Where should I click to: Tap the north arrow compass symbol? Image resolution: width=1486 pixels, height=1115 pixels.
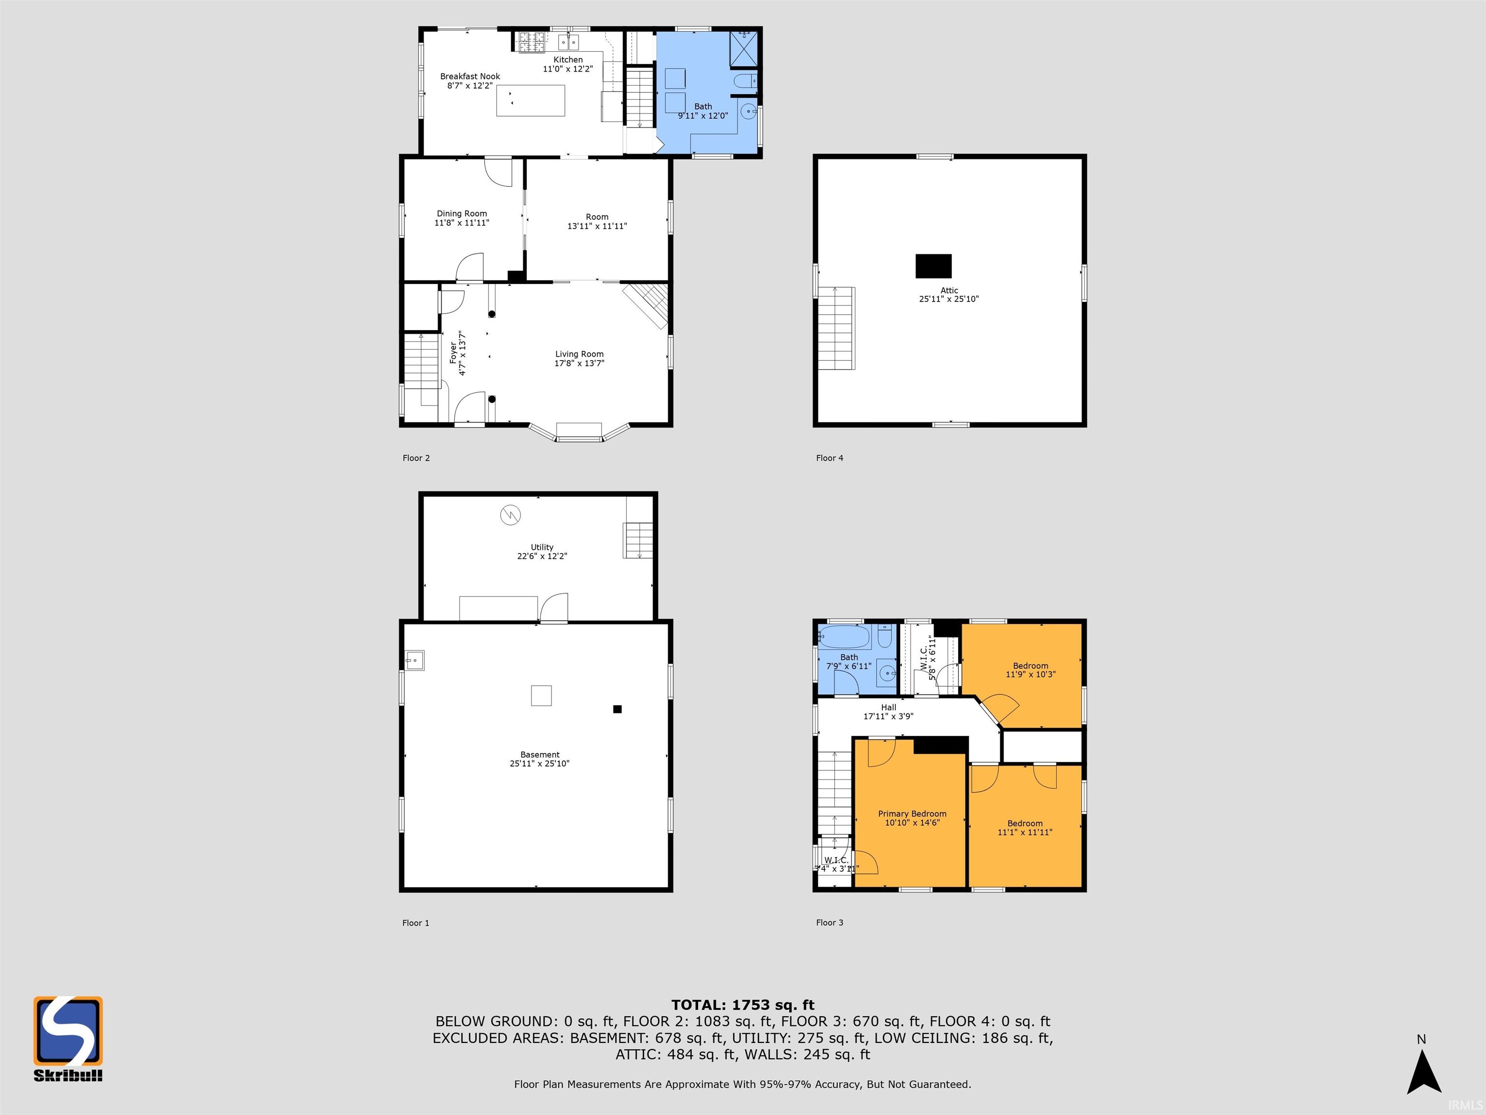pos(1423,1073)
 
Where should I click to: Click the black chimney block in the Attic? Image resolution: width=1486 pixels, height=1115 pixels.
pos(933,266)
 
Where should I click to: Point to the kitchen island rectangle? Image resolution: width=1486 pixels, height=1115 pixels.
pos(530,101)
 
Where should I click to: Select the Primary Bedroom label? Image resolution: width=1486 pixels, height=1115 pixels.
pos(912,813)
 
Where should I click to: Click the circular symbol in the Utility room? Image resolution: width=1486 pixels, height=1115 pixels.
pos(510,515)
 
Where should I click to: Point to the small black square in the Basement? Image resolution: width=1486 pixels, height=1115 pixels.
pos(617,708)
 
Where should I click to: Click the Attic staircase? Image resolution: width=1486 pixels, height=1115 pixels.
pos(836,328)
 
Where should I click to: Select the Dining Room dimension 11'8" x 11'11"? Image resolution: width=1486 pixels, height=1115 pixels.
pos(461,223)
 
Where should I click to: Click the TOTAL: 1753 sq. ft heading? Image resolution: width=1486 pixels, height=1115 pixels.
pos(743,1005)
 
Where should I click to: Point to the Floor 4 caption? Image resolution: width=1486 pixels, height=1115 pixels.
pos(829,458)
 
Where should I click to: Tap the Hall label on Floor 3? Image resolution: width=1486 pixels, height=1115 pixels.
pos(888,707)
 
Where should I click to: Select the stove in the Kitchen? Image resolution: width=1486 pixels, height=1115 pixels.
pos(532,42)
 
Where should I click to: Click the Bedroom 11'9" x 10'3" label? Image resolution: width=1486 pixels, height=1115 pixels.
pos(1030,666)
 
